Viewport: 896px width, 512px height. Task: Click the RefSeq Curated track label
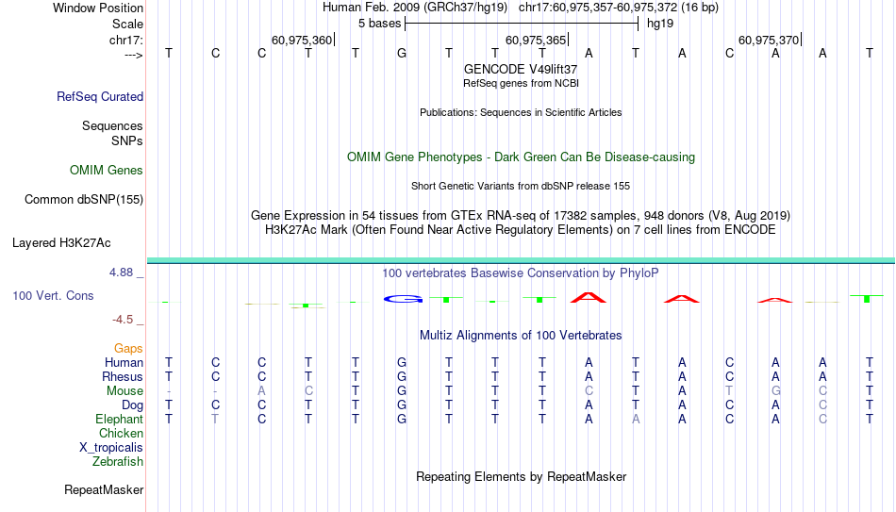coord(100,96)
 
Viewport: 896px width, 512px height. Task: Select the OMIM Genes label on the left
coord(107,171)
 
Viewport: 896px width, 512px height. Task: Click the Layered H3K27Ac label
coord(61,242)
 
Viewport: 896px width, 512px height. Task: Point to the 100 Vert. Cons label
coord(53,295)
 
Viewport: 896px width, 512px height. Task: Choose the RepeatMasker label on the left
coord(104,489)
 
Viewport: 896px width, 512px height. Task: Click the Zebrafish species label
coord(118,461)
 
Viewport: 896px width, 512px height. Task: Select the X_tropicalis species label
coord(111,447)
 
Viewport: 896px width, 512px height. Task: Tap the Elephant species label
coord(119,419)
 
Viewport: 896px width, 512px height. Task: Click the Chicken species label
coord(121,433)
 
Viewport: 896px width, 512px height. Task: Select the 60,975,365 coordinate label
coord(536,40)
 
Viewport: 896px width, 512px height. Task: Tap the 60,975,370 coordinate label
coord(769,40)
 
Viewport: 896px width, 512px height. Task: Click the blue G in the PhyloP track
coord(402,299)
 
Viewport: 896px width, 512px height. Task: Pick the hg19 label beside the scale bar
coord(658,23)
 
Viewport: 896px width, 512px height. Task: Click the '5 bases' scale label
coord(379,23)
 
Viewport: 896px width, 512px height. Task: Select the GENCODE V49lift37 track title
coord(521,69)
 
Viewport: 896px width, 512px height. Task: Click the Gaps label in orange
coord(128,348)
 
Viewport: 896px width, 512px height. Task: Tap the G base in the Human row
coord(402,362)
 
